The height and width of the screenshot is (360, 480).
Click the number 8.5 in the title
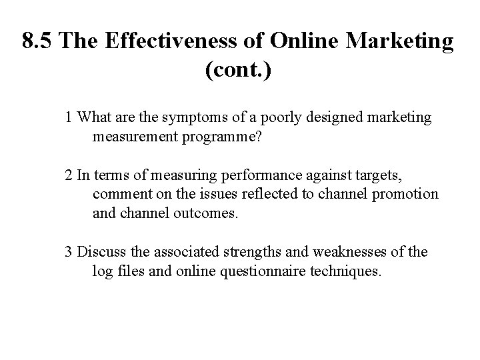[x=37, y=41]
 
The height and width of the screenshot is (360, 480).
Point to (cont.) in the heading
[x=239, y=69]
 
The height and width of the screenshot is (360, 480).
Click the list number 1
[x=69, y=118]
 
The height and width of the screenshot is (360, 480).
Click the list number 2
[x=69, y=175]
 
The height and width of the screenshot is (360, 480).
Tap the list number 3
[x=69, y=251]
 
